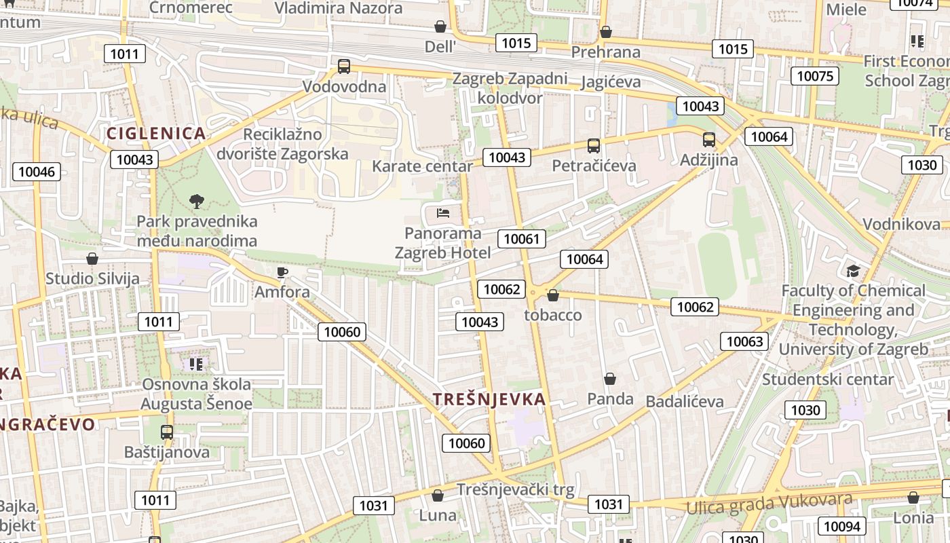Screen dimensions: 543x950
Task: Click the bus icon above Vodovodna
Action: click(x=344, y=67)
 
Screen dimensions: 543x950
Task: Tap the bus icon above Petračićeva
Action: click(x=594, y=145)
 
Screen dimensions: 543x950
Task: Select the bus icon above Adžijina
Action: click(x=709, y=140)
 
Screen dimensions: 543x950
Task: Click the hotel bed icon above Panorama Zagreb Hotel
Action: click(x=443, y=213)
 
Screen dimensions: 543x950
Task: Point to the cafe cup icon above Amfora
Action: click(x=282, y=272)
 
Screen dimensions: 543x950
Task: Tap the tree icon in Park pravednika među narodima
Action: click(x=197, y=201)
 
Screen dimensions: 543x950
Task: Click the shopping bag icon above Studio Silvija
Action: click(x=92, y=259)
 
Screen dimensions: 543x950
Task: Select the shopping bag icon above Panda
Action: click(x=610, y=379)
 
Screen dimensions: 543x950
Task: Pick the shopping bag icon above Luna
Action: click(x=438, y=495)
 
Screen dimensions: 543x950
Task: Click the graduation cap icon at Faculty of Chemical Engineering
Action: click(x=853, y=271)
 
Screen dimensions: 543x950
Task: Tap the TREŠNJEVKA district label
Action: click(x=489, y=399)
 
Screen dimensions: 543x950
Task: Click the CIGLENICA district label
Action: click(x=156, y=133)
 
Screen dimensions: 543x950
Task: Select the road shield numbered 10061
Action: click(x=522, y=239)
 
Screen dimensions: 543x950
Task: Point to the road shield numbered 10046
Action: click(x=37, y=172)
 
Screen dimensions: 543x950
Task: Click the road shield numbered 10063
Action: click(x=744, y=341)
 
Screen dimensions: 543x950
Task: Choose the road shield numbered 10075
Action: click(x=814, y=76)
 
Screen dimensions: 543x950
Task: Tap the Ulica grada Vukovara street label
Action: click(x=769, y=504)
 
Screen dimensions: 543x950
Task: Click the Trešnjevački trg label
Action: click(x=515, y=489)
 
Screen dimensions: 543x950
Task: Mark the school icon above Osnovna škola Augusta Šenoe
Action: click(x=196, y=364)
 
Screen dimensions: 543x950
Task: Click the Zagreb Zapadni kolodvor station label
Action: click(x=510, y=88)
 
